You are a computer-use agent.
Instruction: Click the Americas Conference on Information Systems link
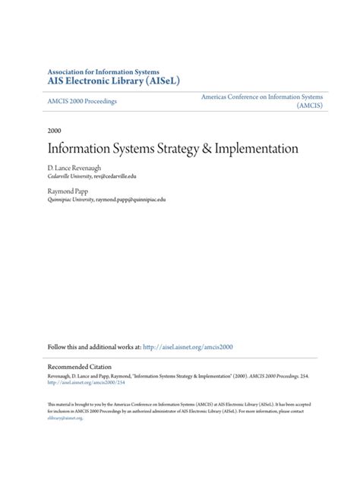point(262,97)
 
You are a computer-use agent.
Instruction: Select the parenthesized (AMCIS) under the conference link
point(309,106)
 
